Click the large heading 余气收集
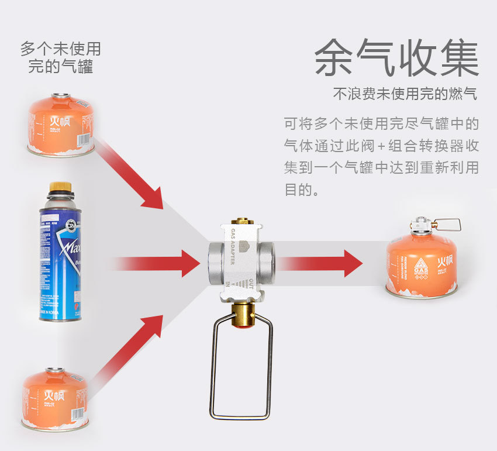coord(396,58)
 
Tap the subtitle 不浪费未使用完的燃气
coord(405,94)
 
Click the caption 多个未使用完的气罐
coord(60,57)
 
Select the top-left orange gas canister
coord(61,125)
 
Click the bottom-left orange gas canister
coord(55,398)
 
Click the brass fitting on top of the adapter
coord(240,222)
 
